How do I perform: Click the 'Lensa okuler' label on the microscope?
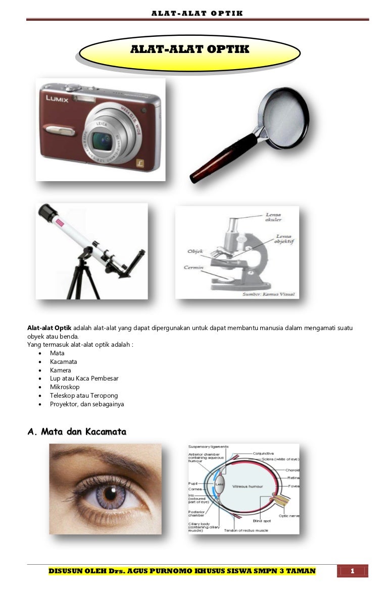(273, 217)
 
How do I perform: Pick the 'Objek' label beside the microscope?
(195, 250)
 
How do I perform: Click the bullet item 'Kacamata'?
(64, 362)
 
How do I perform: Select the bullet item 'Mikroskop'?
(65, 387)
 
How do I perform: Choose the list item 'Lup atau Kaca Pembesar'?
(84, 378)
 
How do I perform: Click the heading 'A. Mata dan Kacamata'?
(76, 432)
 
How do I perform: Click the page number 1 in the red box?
(353, 571)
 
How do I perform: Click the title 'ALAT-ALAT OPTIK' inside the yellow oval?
(190, 49)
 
